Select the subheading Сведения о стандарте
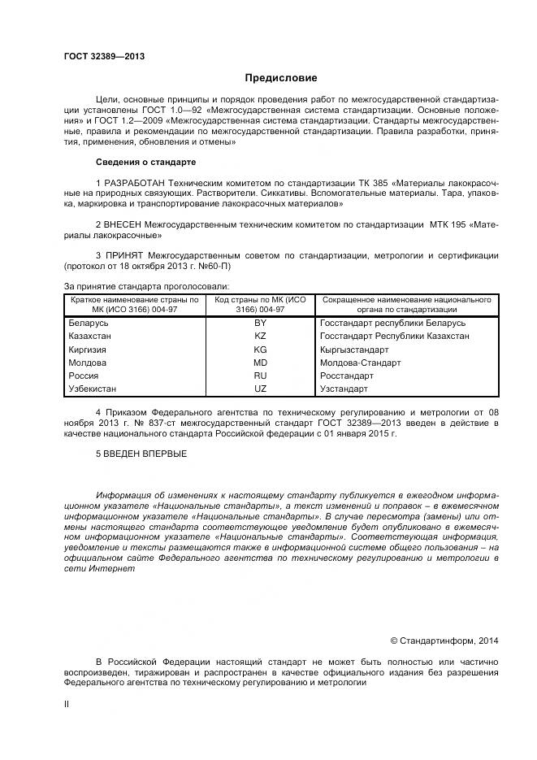click(x=145, y=162)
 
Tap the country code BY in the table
click(x=260, y=323)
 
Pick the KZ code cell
click(x=260, y=336)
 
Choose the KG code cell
click(x=260, y=350)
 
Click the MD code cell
click(x=260, y=363)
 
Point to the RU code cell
click(x=260, y=376)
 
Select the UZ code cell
click(x=260, y=389)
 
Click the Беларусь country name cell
click(x=89, y=323)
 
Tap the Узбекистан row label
click(x=94, y=389)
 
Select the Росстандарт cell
click(x=347, y=376)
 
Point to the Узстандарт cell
click(x=344, y=389)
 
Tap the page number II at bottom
click(x=67, y=705)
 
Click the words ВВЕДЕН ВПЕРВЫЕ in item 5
click(x=145, y=454)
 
